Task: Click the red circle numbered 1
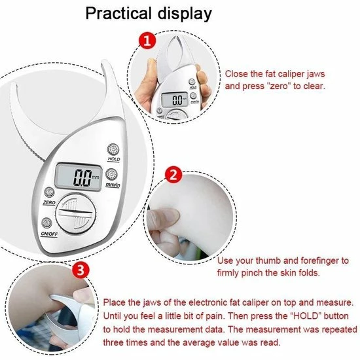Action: point(147,41)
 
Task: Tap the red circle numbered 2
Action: point(173,175)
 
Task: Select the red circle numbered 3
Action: point(81,270)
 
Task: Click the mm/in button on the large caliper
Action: point(111,175)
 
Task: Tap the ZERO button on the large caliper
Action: point(49,192)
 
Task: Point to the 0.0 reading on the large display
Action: point(82,177)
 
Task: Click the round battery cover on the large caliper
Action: point(76,213)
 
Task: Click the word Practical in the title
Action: point(118,13)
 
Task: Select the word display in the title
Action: point(185,14)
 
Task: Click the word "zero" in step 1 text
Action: point(279,86)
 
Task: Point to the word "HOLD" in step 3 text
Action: point(306,316)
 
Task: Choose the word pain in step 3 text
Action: point(215,317)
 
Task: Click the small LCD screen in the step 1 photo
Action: point(175,100)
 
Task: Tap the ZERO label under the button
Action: point(49,202)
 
